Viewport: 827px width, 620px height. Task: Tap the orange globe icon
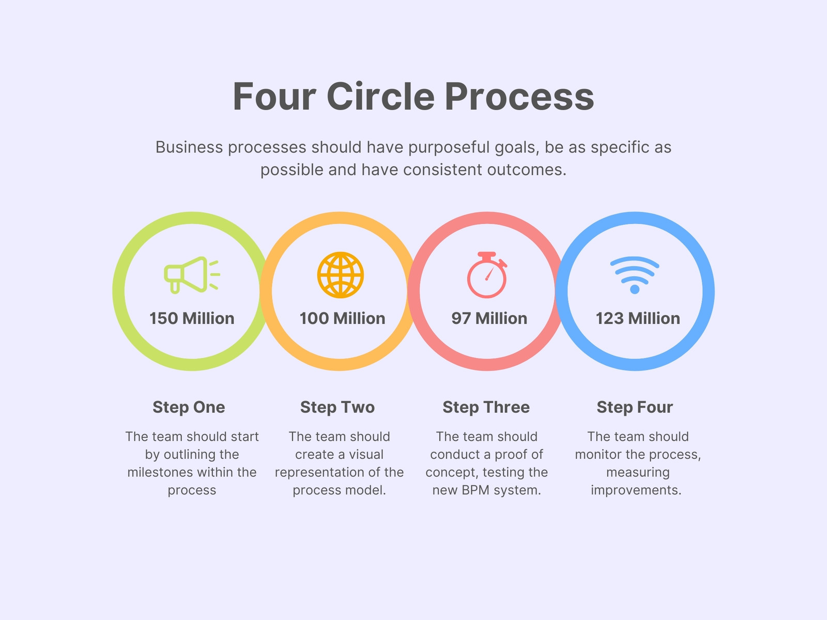tap(340, 275)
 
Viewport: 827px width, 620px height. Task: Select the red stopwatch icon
tap(487, 275)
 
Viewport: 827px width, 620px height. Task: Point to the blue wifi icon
tap(635, 275)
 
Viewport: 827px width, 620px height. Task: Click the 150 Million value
tap(192, 318)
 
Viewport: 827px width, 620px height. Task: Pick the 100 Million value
tap(342, 318)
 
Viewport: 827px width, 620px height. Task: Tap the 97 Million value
tap(489, 318)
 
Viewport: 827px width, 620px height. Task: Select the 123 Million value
tap(638, 318)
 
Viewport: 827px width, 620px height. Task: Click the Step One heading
tap(189, 408)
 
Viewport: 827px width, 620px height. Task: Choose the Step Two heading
tap(338, 408)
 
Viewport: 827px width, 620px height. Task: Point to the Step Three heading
tap(486, 408)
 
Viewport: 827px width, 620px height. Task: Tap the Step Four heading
tap(635, 408)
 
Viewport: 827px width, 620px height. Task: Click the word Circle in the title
tap(380, 97)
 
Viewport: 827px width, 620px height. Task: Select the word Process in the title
tap(519, 97)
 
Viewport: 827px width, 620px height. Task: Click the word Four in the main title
tap(274, 97)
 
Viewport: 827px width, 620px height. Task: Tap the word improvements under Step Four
tap(636, 490)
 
